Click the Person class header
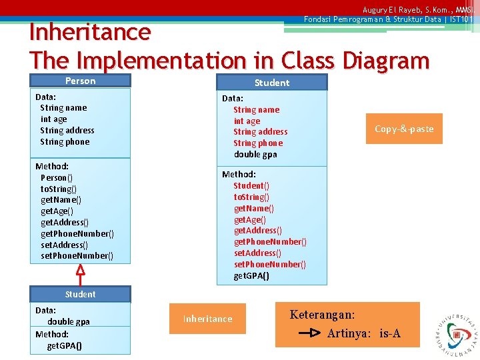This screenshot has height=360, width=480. tap(80, 81)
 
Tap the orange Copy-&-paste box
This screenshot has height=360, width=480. tap(404, 129)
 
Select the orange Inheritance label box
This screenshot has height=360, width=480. tap(207, 319)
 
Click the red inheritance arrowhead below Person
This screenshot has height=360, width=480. tap(80, 271)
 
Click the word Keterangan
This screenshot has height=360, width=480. tap(322, 315)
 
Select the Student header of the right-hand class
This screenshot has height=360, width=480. tap(272, 83)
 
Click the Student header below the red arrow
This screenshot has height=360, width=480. tap(80, 294)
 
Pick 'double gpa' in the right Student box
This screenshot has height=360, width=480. tap(255, 154)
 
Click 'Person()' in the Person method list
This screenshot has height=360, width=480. tap(57, 177)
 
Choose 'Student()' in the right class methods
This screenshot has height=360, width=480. tap(251, 185)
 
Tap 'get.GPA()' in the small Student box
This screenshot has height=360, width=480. tap(65, 345)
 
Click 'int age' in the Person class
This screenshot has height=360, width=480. tap(53, 119)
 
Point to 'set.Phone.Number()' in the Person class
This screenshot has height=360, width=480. tap(77, 255)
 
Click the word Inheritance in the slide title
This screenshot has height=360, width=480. tap(90, 32)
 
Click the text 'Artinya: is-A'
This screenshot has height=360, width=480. tap(363, 333)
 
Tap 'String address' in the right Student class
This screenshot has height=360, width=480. tap(260, 131)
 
